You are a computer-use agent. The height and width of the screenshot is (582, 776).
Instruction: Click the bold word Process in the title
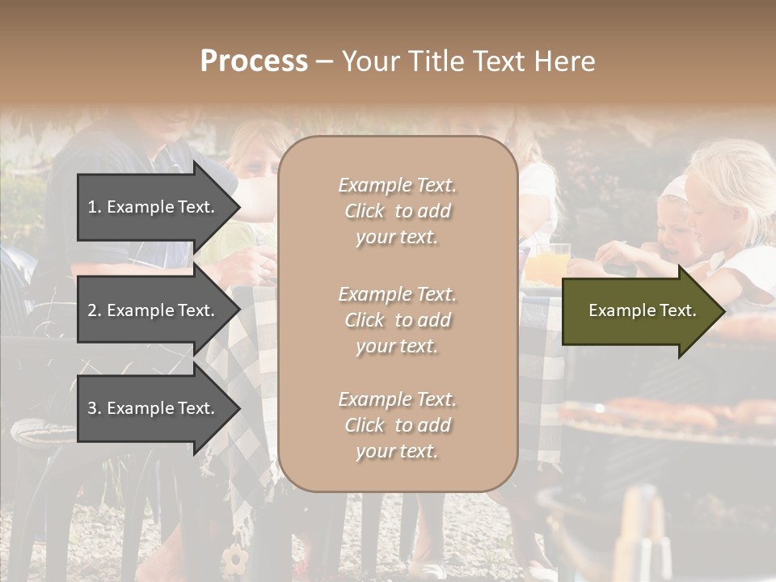point(254,61)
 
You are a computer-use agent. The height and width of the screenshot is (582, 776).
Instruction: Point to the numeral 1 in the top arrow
point(92,207)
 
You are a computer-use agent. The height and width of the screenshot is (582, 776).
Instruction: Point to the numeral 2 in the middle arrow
point(92,310)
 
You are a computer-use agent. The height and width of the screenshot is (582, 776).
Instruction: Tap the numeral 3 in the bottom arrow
point(92,408)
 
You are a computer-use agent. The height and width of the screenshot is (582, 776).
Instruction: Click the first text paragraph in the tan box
point(397,211)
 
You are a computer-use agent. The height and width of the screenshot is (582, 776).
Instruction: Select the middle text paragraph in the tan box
point(397,320)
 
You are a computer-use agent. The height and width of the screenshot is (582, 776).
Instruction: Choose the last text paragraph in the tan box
point(397,425)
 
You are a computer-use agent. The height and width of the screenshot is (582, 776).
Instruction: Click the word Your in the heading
point(369,61)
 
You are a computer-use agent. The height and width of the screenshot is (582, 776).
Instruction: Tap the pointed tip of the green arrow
point(724,311)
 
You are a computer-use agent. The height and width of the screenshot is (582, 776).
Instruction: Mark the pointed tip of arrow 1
point(239,207)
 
